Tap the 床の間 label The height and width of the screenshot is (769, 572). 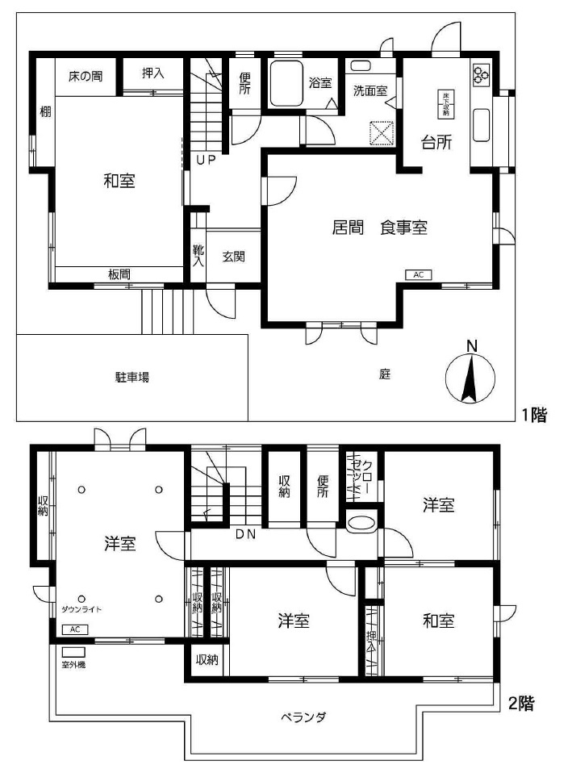[x=85, y=77]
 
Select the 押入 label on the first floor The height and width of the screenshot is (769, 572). [x=153, y=73]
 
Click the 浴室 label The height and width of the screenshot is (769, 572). [x=320, y=82]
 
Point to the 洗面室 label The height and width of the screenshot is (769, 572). [x=370, y=90]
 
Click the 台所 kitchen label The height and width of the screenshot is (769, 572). [x=436, y=143]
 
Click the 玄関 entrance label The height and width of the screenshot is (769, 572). [x=234, y=257]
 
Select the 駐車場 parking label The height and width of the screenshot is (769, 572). [x=132, y=377]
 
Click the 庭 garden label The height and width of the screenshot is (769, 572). [x=385, y=374]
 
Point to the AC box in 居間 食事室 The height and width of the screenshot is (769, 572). [x=418, y=275]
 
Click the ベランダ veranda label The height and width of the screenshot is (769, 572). [x=303, y=717]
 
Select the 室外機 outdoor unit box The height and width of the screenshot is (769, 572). [x=73, y=651]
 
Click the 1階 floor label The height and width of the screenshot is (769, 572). [x=534, y=416]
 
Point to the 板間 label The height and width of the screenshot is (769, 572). [x=119, y=275]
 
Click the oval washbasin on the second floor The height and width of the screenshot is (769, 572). [x=360, y=522]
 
